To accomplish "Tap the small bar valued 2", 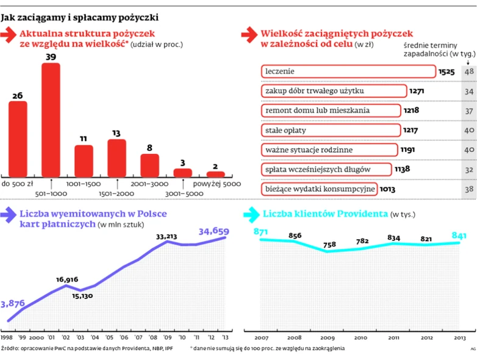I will (215, 174).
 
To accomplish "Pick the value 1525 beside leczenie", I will (446, 72).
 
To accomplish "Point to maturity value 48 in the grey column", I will (469, 72).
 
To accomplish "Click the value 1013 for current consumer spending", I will (387, 189).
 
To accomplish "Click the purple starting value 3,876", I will (12, 303).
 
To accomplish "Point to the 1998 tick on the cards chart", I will (7, 337).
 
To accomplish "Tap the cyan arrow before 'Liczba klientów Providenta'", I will (251, 215).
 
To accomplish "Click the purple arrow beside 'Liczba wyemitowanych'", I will (9, 215).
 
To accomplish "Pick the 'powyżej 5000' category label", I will (213, 183).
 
